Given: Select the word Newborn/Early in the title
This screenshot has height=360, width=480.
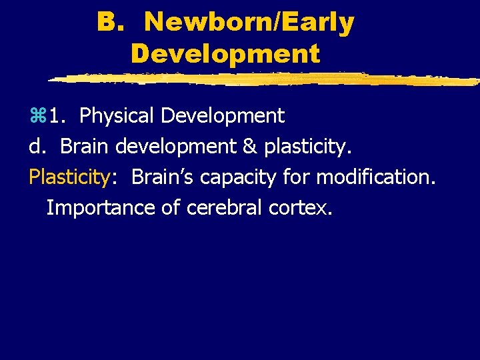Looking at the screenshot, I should pyautogui.click(x=249, y=23).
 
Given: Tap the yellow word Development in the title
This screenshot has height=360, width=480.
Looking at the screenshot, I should pyautogui.click(x=225, y=53).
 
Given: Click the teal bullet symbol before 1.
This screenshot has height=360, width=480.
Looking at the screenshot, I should pyautogui.click(x=35, y=117).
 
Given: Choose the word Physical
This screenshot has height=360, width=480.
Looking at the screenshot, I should pyautogui.click(x=117, y=116).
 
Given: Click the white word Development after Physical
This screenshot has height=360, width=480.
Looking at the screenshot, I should pyautogui.click(x=222, y=116).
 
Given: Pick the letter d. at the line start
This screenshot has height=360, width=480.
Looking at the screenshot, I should pyautogui.click(x=38, y=147).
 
